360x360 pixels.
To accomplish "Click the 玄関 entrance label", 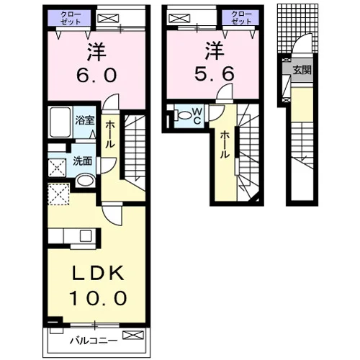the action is tap(302, 70).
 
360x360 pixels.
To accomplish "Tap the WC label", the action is tap(197, 116).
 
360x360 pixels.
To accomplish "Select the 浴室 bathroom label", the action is tap(85, 120).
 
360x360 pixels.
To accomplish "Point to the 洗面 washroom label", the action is tap(82, 161).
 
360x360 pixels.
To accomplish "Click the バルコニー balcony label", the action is tap(94, 341).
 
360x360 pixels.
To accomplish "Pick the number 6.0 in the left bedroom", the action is tap(96, 75).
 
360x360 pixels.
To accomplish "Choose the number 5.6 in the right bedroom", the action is tap(214, 73).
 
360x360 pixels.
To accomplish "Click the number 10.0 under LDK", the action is tap(98, 298).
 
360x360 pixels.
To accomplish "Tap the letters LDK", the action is tap(99, 273).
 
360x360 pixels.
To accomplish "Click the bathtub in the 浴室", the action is tap(60, 122).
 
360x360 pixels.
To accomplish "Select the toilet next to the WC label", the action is tap(183, 115).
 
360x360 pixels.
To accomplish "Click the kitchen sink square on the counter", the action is tap(86, 235).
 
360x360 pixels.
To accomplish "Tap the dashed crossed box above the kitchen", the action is tap(58, 194).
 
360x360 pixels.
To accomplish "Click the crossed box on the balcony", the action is tap(133, 335).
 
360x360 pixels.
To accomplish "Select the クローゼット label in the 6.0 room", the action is tap(71, 18).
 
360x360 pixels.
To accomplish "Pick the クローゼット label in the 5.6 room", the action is tap(241, 18).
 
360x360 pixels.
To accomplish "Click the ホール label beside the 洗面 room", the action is tap(109, 135).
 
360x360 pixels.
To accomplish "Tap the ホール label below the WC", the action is tap(224, 145).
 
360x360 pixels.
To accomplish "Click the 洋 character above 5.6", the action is tap(215, 51).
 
